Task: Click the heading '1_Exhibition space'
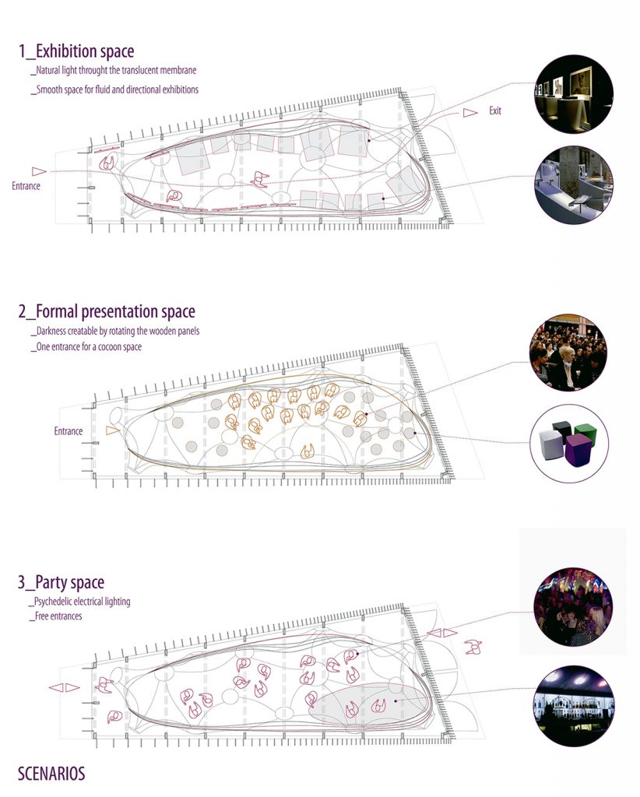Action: tap(77, 51)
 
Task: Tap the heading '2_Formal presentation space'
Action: tap(107, 311)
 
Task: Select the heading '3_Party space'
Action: tap(61, 582)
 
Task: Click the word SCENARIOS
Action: tap(51, 773)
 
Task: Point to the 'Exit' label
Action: tap(495, 111)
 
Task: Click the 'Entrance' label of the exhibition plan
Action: tap(26, 185)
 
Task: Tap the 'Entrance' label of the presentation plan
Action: tap(68, 431)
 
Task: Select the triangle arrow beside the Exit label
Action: tap(470, 112)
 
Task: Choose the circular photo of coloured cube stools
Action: tap(569, 443)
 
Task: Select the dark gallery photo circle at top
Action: tap(574, 94)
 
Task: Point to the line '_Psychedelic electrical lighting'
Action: tap(80, 602)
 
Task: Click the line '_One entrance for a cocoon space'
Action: tap(86, 346)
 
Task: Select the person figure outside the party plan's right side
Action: tap(473, 647)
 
